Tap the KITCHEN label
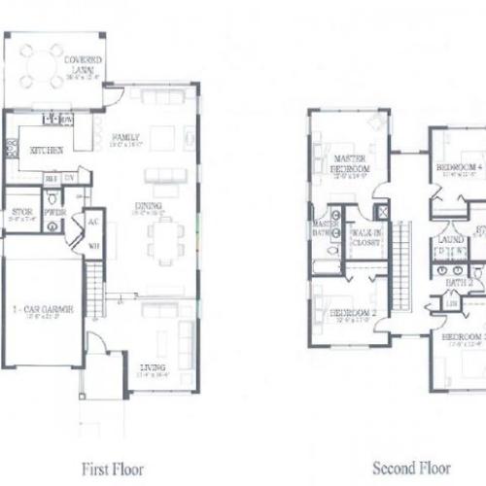47,151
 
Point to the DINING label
148,205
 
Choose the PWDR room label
53,212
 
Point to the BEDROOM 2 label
351,313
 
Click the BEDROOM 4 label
458,167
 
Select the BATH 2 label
458,282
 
